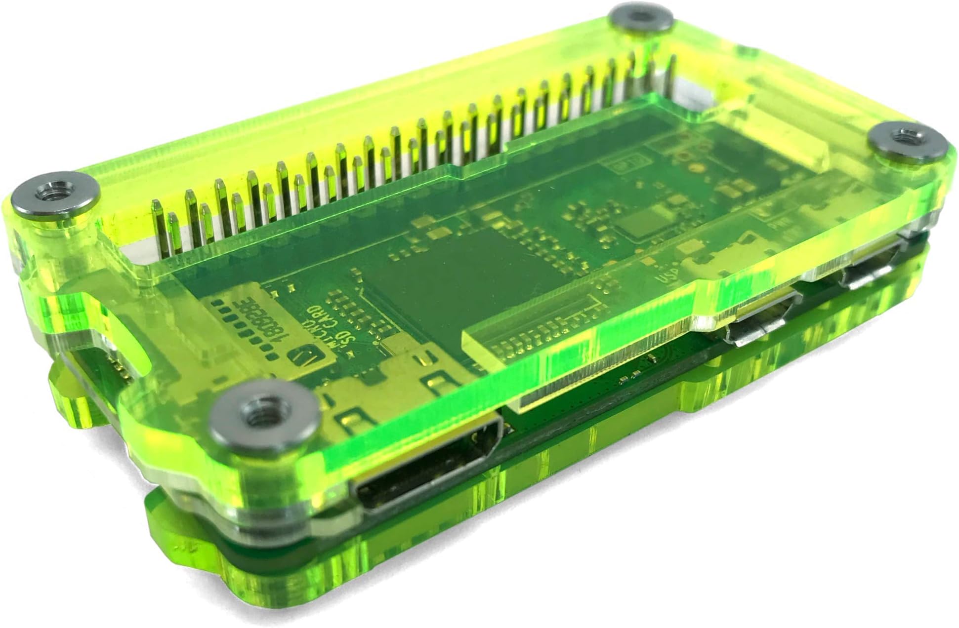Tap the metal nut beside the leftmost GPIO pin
(48, 196)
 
